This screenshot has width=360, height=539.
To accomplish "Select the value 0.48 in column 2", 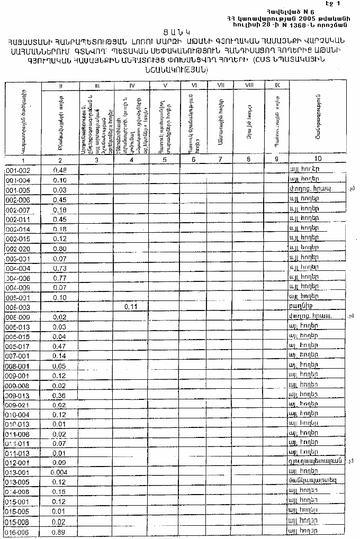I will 60,170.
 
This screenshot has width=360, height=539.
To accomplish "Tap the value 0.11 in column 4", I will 131,307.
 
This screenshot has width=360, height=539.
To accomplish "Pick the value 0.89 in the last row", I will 59,532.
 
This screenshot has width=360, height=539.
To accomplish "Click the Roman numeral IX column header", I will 277,85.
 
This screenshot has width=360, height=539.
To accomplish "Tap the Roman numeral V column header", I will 165,85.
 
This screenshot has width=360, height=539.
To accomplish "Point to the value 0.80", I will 60,249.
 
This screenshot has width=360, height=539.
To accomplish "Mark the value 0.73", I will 60,269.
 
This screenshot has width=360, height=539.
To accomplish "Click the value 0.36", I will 60,396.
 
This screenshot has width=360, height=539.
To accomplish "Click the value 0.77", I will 60,278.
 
